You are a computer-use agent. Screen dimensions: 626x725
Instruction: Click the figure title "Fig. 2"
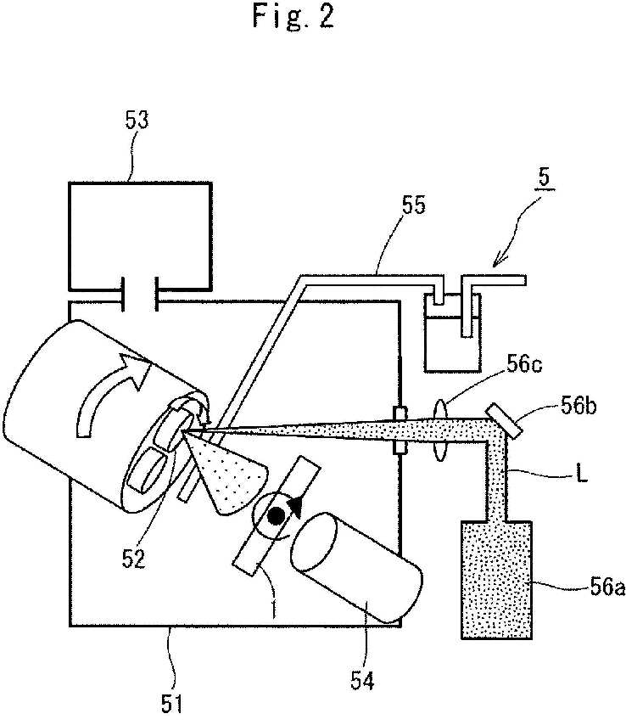292,17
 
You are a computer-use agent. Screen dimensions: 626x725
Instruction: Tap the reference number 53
137,120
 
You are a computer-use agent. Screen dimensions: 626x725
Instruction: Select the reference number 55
413,205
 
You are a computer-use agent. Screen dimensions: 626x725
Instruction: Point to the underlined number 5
545,178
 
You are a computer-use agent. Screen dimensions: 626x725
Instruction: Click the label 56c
524,365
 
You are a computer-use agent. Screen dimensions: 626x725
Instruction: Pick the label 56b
578,406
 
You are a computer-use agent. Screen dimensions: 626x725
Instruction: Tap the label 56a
607,587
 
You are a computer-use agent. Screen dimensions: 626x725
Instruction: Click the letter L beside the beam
582,475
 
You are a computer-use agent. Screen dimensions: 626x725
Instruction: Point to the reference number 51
171,704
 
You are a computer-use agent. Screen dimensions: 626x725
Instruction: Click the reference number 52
133,559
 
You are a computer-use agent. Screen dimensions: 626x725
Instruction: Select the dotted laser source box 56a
496,581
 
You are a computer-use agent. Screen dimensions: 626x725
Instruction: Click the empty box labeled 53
140,236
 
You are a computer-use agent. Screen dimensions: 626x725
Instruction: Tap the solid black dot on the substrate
276,515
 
